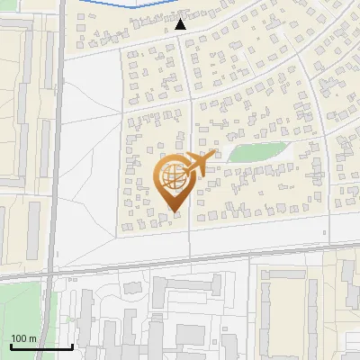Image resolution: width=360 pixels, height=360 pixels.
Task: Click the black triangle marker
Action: pyautogui.click(x=180, y=24)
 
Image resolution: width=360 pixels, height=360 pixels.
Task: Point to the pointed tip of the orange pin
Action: pyautogui.click(x=174, y=211)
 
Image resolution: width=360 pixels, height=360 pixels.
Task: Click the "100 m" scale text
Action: pyautogui.click(x=23, y=338)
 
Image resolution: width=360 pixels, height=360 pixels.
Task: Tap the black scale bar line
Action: pyautogui.click(x=40, y=346)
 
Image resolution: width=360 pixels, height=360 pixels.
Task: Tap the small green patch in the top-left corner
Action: pyautogui.click(x=7, y=4)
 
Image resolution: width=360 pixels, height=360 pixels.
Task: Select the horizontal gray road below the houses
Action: pyautogui.click(x=225, y=253)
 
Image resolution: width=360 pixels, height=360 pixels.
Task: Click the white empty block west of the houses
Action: pyautogui.click(x=90, y=162)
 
